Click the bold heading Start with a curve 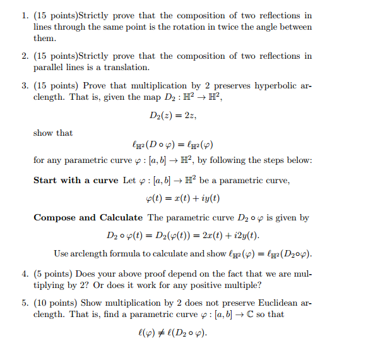tap(76, 180)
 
